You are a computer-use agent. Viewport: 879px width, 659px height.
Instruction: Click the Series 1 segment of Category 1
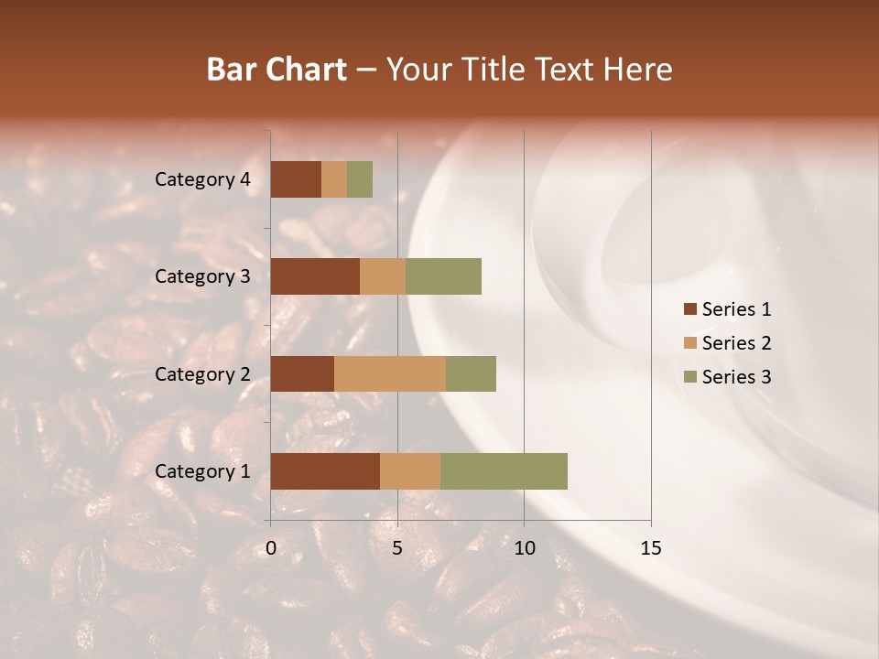tap(325, 471)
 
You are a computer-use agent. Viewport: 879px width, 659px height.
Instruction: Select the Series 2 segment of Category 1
tap(410, 471)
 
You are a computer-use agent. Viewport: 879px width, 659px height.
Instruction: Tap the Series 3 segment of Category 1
tap(504, 471)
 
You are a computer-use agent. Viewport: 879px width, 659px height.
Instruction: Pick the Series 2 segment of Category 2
tap(390, 373)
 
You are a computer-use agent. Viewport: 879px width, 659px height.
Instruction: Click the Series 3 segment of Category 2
tap(471, 373)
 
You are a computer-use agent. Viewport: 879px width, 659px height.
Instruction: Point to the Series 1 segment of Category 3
tap(315, 276)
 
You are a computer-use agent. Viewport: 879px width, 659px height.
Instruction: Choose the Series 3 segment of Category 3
tap(443, 276)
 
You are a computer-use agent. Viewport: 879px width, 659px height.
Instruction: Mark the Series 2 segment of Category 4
tap(334, 179)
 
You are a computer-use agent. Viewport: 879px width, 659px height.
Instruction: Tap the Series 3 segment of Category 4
tap(360, 179)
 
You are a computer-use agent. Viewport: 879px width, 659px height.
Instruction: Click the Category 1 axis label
tap(202, 471)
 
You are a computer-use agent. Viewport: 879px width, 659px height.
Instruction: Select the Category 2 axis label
tap(202, 373)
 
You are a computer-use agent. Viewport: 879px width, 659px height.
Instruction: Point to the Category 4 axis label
tap(202, 179)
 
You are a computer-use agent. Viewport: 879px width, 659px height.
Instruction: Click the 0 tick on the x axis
tap(271, 548)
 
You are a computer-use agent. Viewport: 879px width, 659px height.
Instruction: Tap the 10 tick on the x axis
tap(524, 548)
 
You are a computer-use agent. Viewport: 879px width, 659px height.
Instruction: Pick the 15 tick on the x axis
tap(650, 548)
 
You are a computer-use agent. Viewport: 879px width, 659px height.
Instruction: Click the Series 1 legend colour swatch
tap(689, 309)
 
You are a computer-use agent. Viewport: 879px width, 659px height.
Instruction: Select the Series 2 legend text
tap(736, 343)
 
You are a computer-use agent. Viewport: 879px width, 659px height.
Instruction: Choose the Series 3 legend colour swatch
tap(689, 377)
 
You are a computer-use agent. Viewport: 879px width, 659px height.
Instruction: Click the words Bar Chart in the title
tap(276, 70)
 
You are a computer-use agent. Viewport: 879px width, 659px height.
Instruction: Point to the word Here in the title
tap(638, 70)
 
